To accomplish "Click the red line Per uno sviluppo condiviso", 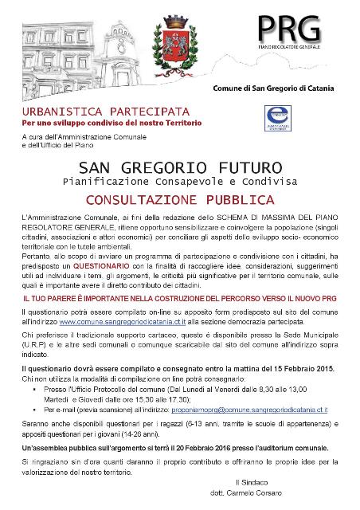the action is click(x=112, y=124).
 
